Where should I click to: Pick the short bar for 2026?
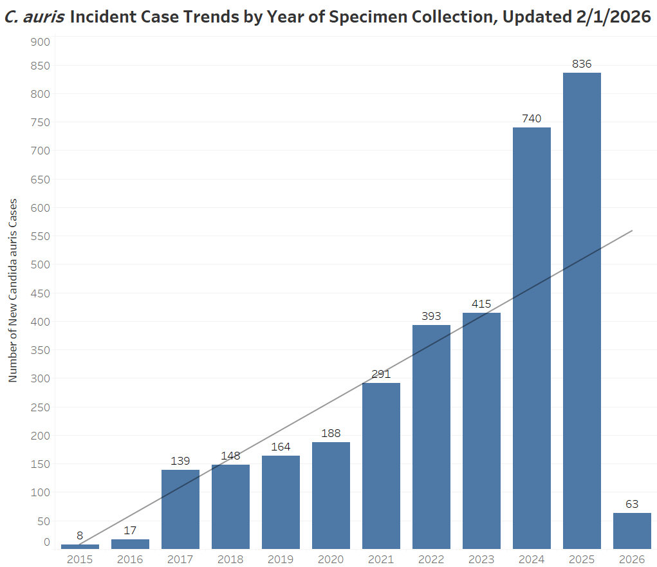point(632,530)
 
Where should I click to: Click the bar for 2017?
point(180,508)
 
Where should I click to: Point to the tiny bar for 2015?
point(80,546)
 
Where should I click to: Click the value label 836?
point(582,64)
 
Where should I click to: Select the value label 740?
point(532,118)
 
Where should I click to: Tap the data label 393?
point(431,316)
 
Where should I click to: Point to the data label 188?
point(331,433)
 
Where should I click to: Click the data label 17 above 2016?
point(130,530)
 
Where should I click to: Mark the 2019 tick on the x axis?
point(281,559)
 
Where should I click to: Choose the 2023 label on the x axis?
point(481,559)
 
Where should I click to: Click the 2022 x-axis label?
point(431,559)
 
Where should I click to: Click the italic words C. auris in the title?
point(33,17)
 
